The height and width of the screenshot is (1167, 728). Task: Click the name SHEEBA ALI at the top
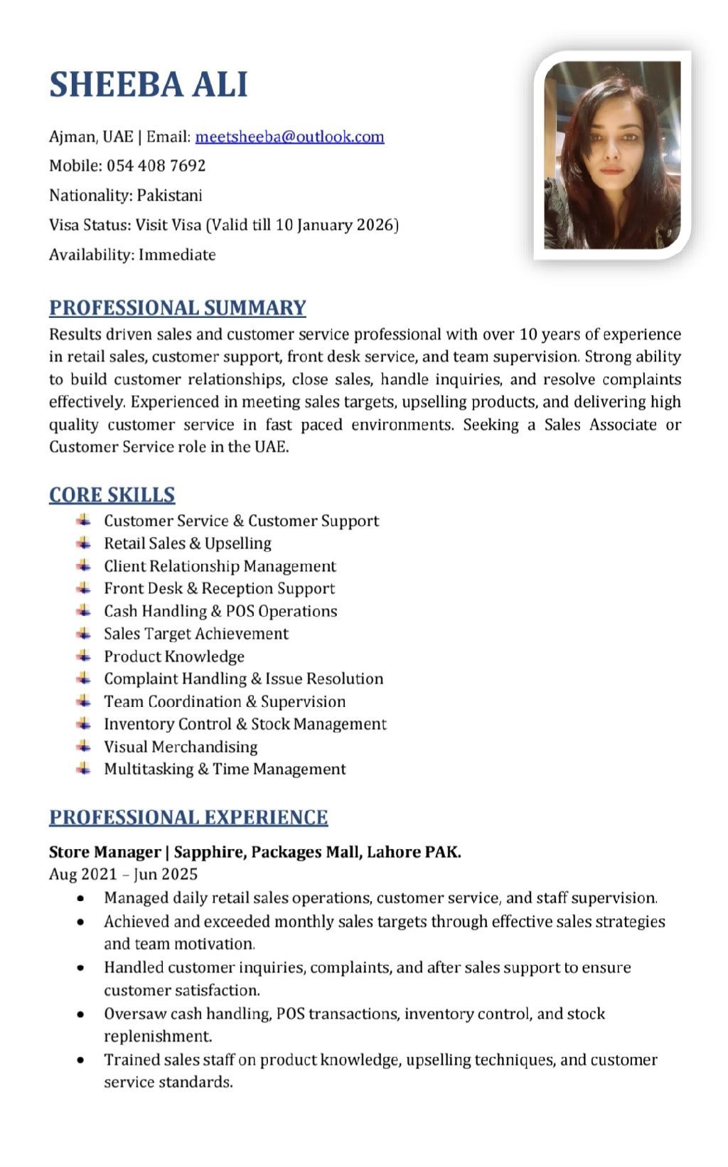[x=149, y=85]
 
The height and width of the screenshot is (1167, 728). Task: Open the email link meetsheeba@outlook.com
[x=289, y=137]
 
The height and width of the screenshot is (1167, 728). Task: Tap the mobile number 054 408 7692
[x=156, y=166]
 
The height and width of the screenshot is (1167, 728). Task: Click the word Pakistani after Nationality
[x=170, y=195]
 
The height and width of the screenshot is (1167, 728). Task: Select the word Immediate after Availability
[x=177, y=255]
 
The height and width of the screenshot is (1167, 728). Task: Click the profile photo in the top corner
[x=612, y=155]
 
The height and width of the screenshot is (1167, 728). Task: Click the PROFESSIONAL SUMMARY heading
[x=178, y=308]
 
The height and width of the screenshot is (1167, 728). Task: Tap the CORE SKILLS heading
[x=112, y=495]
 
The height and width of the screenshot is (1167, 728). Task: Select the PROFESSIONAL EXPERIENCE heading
[x=188, y=817]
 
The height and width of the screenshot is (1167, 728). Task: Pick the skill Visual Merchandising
[x=181, y=747]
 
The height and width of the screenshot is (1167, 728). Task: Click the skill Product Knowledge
[x=174, y=656]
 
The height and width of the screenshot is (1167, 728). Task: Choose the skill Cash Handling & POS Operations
[x=220, y=611]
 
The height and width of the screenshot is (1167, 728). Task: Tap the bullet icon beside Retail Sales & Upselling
[x=84, y=543]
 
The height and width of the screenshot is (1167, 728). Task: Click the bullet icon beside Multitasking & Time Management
[x=84, y=769]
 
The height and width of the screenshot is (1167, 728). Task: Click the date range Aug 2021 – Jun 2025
[x=123, y=874]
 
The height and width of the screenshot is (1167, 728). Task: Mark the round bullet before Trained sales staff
[x=84, y=1060]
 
